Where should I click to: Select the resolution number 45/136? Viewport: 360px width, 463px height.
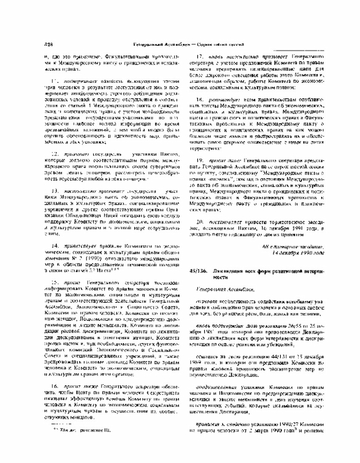pos(198,271)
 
